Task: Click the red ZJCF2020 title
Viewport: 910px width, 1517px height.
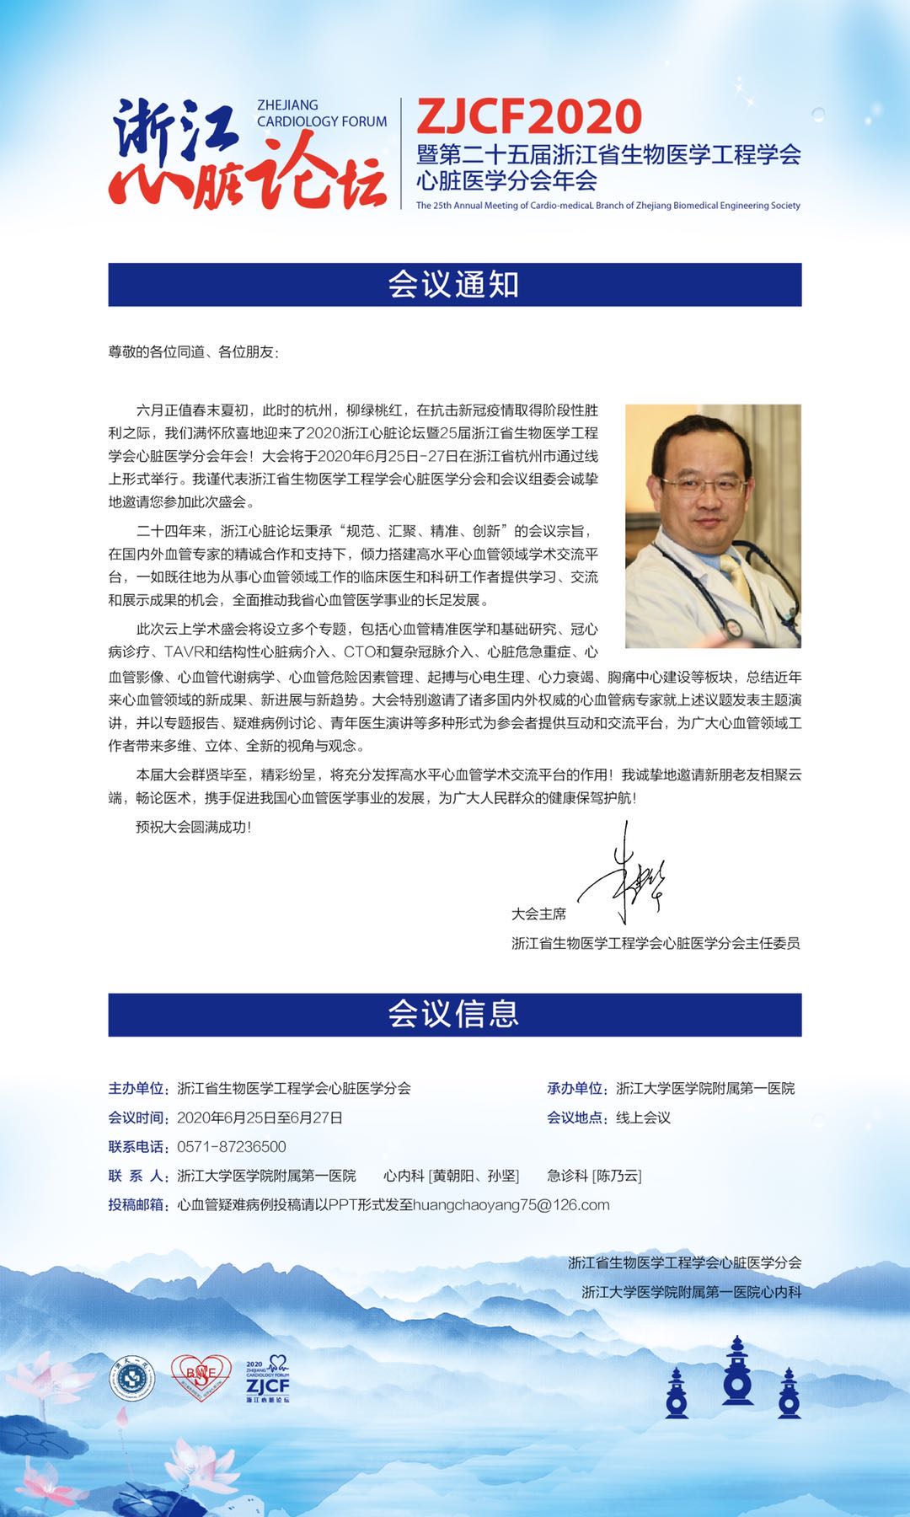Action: tap(528, 116)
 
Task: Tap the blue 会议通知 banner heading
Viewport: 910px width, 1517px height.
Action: tap(454, 285)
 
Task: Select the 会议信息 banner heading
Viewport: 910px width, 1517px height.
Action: tap(454, 1014)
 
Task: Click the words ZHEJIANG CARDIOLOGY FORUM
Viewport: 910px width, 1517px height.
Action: tap(321, 113)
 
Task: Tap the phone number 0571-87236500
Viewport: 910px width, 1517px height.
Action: tap(232, 1146)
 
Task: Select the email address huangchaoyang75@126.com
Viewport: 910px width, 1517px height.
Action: tap(511, 1204)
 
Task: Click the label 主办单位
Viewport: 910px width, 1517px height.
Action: tap(139, 1088)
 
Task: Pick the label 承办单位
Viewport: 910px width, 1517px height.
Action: tap(577, 1088)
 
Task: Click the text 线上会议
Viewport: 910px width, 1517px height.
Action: tap(643, 1118)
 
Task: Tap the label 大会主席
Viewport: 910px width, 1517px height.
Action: tap(538, 914)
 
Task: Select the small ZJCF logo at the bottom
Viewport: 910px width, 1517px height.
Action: tap(267, 1380)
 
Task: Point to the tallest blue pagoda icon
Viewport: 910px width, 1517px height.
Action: tap(737, 1370)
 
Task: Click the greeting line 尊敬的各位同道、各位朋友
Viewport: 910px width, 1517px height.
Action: tap(193, 352)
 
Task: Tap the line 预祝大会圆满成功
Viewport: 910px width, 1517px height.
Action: tap(194, 827)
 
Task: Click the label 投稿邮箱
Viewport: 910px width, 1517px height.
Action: tap(139, 1204)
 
